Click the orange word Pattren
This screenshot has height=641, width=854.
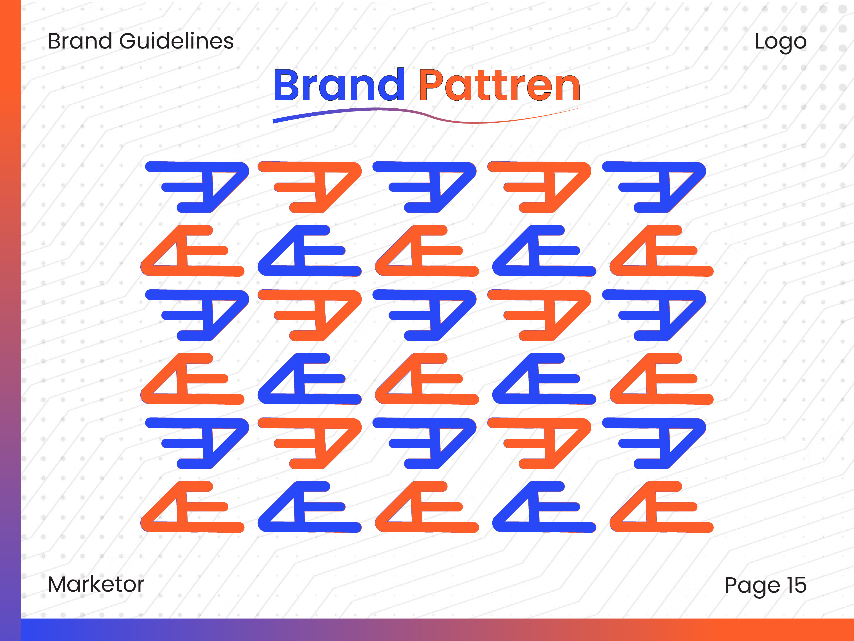click(x=500, y=85)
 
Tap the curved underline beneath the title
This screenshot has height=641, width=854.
click(x=427, y=115)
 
